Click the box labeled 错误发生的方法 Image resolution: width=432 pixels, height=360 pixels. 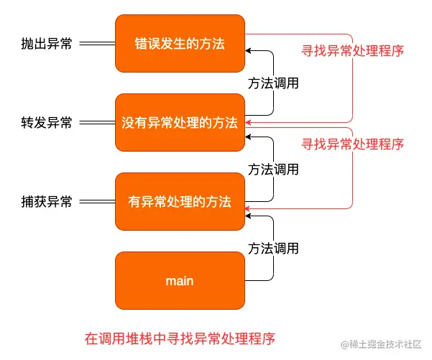click(x=180, y=43)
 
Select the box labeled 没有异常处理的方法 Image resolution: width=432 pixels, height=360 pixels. click(x=180, y=122)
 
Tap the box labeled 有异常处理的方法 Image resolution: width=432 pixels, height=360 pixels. click(x=180, y=202)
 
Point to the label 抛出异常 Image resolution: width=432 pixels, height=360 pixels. click(x=47, y=44)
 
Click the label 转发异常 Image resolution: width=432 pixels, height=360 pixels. click(x=47, y=123)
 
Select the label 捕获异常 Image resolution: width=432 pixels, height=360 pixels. click(x=47, y=202)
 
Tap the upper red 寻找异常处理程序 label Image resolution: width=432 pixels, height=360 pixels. click(x=352, y=51)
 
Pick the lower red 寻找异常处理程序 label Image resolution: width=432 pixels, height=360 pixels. click(x=352, y=144)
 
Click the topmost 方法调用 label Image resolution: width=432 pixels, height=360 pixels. click(x=273, y=83)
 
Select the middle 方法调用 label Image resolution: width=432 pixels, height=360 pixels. click(x=273, y=170)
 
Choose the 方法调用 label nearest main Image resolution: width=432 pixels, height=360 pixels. click(x=273, y=249)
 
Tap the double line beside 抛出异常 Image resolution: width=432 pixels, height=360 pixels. click(x=96, y=44)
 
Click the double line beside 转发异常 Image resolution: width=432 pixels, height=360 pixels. click(x=96, y=123)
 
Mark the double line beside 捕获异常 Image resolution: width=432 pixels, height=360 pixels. click(x=96, y=202)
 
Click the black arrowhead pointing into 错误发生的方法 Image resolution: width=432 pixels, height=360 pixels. click(x=249, y=50)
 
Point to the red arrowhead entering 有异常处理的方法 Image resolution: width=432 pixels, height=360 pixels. click(x=249, y=208)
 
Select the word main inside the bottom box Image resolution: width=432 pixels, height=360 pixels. click(x=180, y=281)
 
